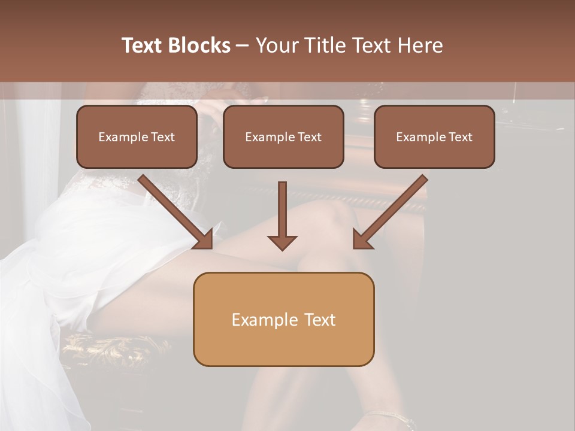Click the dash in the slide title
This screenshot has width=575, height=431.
tap(243, 46)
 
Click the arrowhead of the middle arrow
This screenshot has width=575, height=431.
tap(282, 242)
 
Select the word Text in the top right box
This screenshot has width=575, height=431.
tap(460, 137)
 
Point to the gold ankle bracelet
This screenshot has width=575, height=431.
tap(389, 415)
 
